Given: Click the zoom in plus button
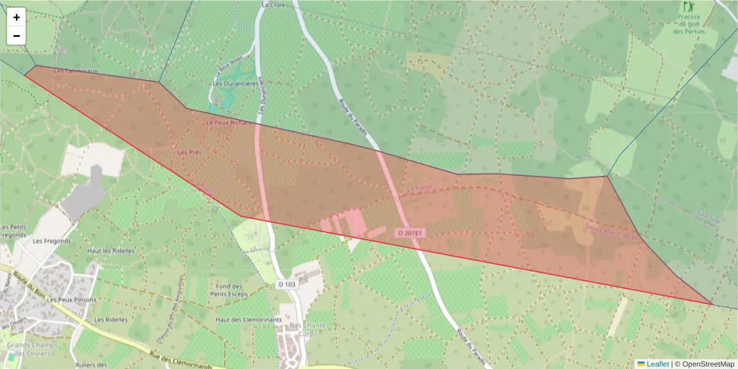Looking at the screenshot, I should (x=17, y=17).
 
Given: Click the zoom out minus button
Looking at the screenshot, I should (x=17, y=36).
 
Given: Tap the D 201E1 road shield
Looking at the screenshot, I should (x=409, y=233).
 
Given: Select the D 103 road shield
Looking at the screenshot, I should (x=287, y=284).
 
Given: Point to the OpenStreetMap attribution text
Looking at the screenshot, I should (x=705, y=363).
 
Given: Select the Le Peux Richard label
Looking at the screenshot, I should (x=229, y=122).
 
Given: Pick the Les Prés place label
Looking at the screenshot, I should (x=189, y=152).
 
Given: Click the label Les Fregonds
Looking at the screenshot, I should (x=52, y=241).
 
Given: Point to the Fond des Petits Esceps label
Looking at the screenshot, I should (x=229, y=290).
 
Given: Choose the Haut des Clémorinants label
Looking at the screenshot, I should (x=248, y=320).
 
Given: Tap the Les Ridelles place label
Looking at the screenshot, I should (x=111, y=320).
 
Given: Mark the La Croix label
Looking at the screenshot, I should (x=273, y=4).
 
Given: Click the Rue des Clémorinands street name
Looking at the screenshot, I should (x=181, y=360).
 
